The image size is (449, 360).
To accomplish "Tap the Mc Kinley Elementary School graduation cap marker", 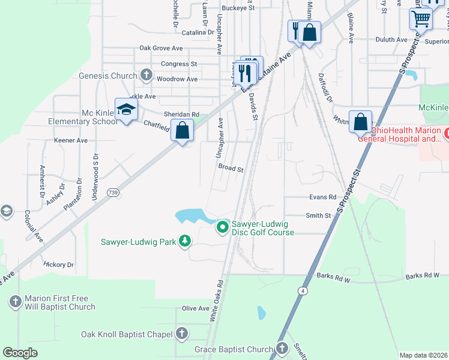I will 126,110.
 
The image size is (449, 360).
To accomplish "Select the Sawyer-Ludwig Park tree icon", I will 185,241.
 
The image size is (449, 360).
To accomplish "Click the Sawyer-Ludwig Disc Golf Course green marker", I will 223,227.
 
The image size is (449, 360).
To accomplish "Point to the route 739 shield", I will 112,193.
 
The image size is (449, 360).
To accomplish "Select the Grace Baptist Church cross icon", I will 282,349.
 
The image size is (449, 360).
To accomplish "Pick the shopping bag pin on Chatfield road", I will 182,130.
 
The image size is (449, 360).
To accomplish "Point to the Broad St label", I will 231,169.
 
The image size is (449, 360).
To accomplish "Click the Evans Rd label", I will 323,197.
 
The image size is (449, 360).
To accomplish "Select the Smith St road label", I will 318,215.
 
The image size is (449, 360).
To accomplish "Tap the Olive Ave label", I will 196,308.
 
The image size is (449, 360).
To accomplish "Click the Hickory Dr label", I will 59,264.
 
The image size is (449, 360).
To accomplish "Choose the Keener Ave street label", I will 71,140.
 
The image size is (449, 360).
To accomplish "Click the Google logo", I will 20,353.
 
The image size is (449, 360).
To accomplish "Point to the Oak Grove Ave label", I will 161,48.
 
